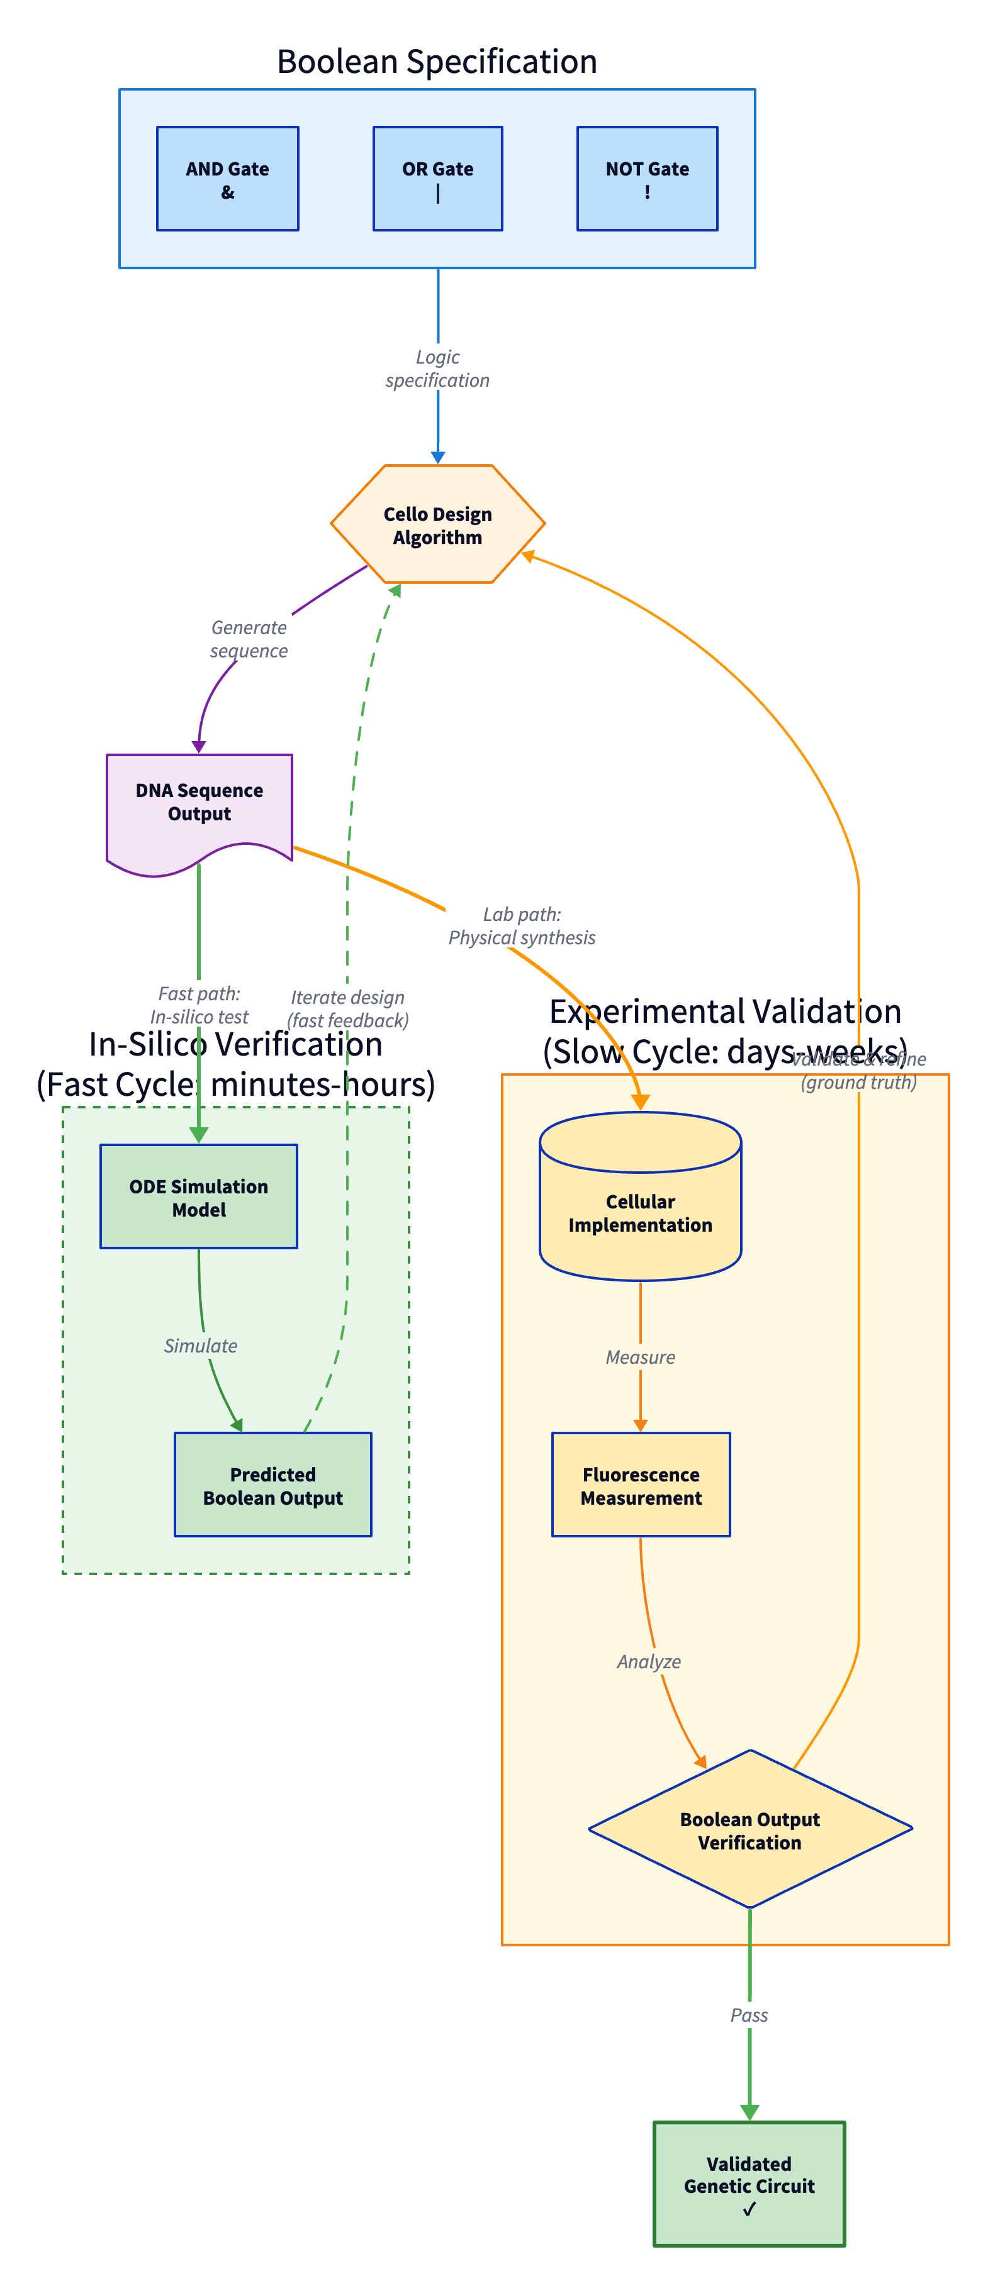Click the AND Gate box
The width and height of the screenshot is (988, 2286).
click(227, 179)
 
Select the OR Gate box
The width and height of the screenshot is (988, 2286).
click(437, 179)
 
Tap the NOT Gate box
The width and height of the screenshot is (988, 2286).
click(646, 179)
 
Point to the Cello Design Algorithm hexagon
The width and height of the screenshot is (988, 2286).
click(437, 525)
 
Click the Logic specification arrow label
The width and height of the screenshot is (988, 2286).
click(437, 368)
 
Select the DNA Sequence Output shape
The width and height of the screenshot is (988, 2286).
click(199, 803)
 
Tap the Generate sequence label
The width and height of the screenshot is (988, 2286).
click(249, 639)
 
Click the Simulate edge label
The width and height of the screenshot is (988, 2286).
click(201, 1346)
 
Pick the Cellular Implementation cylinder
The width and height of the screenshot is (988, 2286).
click(640, 1207)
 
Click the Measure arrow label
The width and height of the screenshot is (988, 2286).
click(640, 1357)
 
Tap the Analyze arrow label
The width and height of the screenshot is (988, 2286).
click(649, 1661)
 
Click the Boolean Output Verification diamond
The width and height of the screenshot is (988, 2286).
click(749, 1830)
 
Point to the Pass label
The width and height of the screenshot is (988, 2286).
click(749, 2016)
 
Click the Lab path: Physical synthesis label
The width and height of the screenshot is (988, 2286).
click(521, 925)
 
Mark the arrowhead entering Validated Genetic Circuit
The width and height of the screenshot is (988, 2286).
click(749, 2113)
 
